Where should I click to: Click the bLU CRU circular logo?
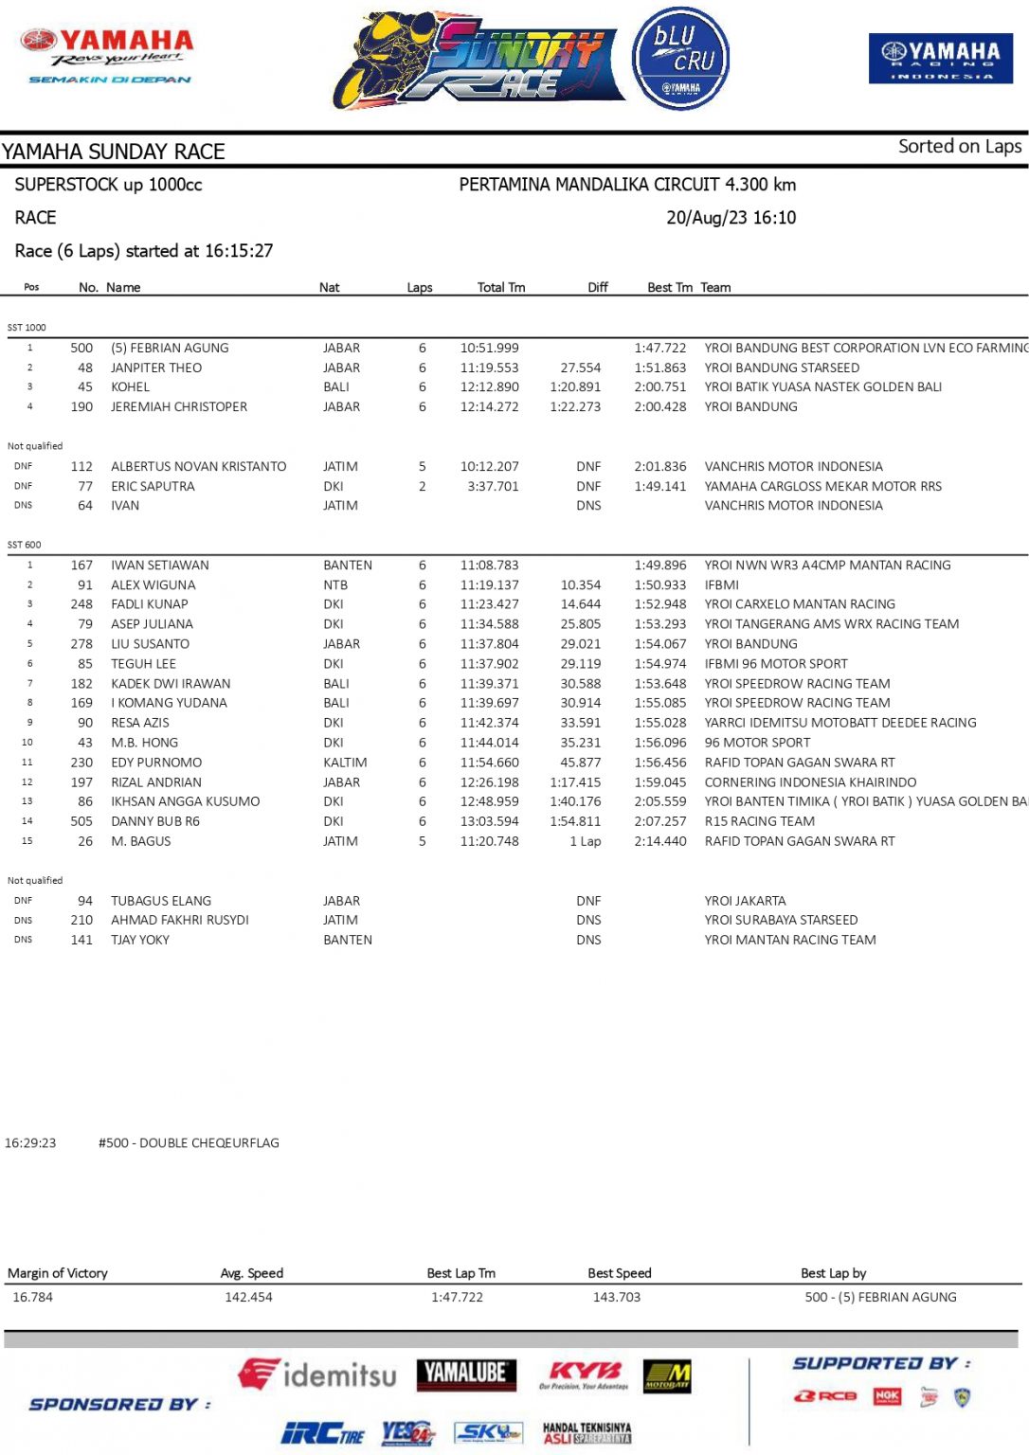point(680,59)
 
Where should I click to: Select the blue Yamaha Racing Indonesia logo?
point(940,58)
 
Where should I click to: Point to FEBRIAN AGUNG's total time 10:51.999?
point(489,348)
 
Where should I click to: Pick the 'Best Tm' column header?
point(669,287)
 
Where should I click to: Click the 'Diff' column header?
point(597,287)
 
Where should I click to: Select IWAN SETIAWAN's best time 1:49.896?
point(659,565)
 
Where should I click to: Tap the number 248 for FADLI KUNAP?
point(81,603)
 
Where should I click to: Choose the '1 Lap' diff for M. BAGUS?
point(585,840)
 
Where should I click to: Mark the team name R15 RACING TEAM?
point(759,821)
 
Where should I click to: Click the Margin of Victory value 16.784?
point(33,1297)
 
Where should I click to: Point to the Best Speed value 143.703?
point(616,1297)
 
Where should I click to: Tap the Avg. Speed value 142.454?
point(248,1297)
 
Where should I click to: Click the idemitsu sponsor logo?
point(317,1374)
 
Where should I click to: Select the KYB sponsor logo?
point(585,1374)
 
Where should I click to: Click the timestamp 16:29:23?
point(30,1142)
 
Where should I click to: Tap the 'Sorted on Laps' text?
point(959,146)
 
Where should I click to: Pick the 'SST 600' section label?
point(25,545)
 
